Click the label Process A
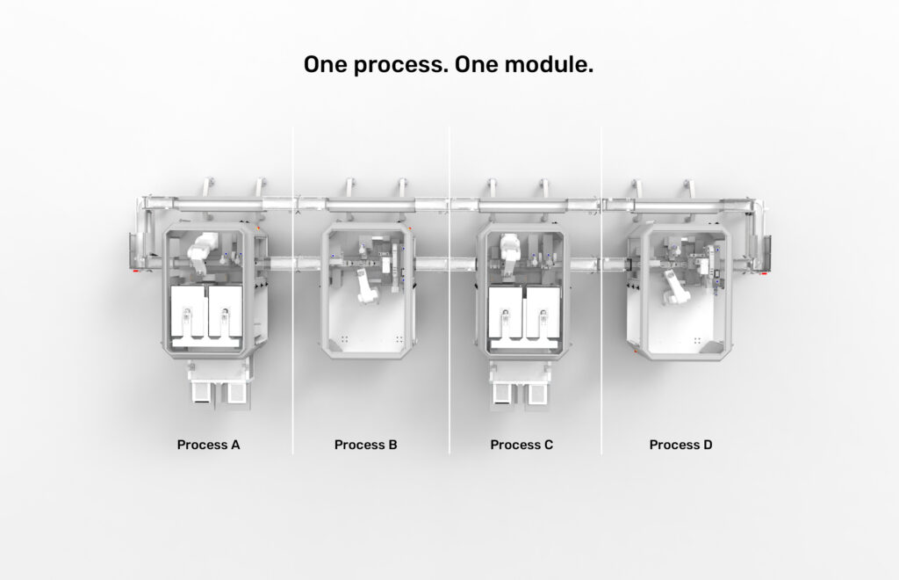pyautogui.click(x=208, y=445)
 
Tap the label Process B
pyautogui.click(x=365, y=445)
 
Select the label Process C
pyautogui.click(x=521, y=445)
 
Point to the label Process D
pyautogui.click(x=680, y=445)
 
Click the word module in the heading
pyautogui.click(x=548, y=64)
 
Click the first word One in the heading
pyautogui.click(x=325, y=64)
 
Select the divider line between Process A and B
pyautogui.click(x=293, y=290)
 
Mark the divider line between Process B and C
pyautogui.click(x=449, y=290)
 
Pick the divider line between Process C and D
pyautogui.click(x=601, y=290)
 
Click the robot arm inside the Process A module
pyautogui.click(x=201, y=251)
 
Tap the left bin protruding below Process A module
pyautogui.click(x=202, y=393)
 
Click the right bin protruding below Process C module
pyautogui.click(x=536, y=394)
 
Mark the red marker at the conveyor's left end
pyautogui.click(x=136, y=271)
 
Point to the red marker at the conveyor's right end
pyautogui.click(x=764, y=273)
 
